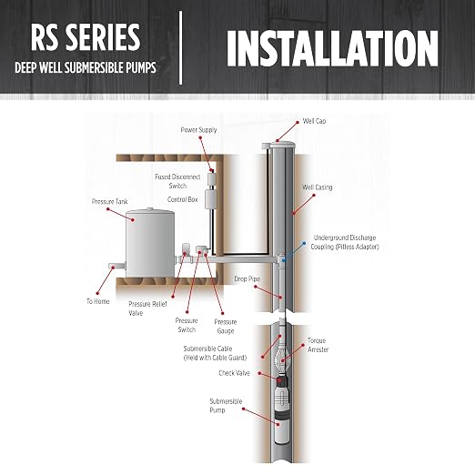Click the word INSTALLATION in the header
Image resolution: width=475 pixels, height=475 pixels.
[x=332, y=49]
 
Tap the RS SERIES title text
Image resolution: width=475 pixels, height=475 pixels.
[x=86, y=37]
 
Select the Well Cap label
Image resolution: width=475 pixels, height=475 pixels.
[x=314, y=121]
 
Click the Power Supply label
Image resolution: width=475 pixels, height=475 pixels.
[x=198, y=130]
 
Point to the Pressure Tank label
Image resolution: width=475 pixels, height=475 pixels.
[x=110, y=202]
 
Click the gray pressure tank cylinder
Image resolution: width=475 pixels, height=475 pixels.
[x=150, y=243]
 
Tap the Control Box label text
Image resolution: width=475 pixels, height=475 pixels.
[x=183, y=199]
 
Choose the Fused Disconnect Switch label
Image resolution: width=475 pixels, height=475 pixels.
[x=177, y=181]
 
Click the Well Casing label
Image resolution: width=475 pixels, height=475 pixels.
[x=317, y=187]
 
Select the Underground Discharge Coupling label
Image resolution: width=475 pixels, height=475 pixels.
[x=345, y=242]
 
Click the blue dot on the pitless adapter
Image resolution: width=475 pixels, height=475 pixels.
[x=283, y=260]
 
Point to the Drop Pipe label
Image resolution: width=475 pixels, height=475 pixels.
[x=248, y=279]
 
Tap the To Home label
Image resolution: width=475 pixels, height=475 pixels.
[x=98, y=301]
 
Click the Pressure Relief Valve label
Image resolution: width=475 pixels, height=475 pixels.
[x=147, y=308]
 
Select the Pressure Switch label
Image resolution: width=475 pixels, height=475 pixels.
[x=187, y=325]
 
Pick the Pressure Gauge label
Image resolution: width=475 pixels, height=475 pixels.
[x=226, y=327]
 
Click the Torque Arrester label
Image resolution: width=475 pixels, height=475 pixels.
[x=318, y=345]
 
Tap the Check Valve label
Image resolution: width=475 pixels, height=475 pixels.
[x=234, y=373]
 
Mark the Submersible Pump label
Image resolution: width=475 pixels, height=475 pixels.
[x=226, y=406]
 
